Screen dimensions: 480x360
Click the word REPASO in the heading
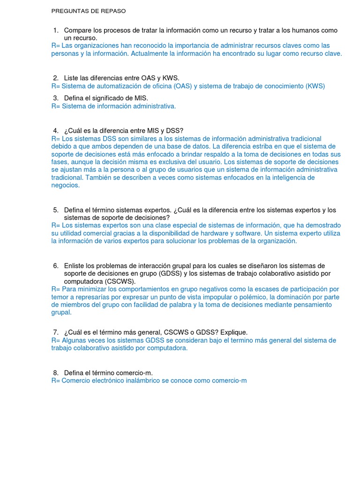111,11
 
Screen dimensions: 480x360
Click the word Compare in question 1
78,30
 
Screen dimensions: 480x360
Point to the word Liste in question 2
71,78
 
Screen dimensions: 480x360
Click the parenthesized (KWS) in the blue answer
315,86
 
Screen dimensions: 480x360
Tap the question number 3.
55,98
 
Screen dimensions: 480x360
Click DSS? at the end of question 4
175,130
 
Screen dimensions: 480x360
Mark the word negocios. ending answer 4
65,185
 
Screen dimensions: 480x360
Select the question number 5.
55,210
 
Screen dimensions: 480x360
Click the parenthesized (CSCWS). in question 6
120,281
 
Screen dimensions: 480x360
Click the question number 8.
55,373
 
